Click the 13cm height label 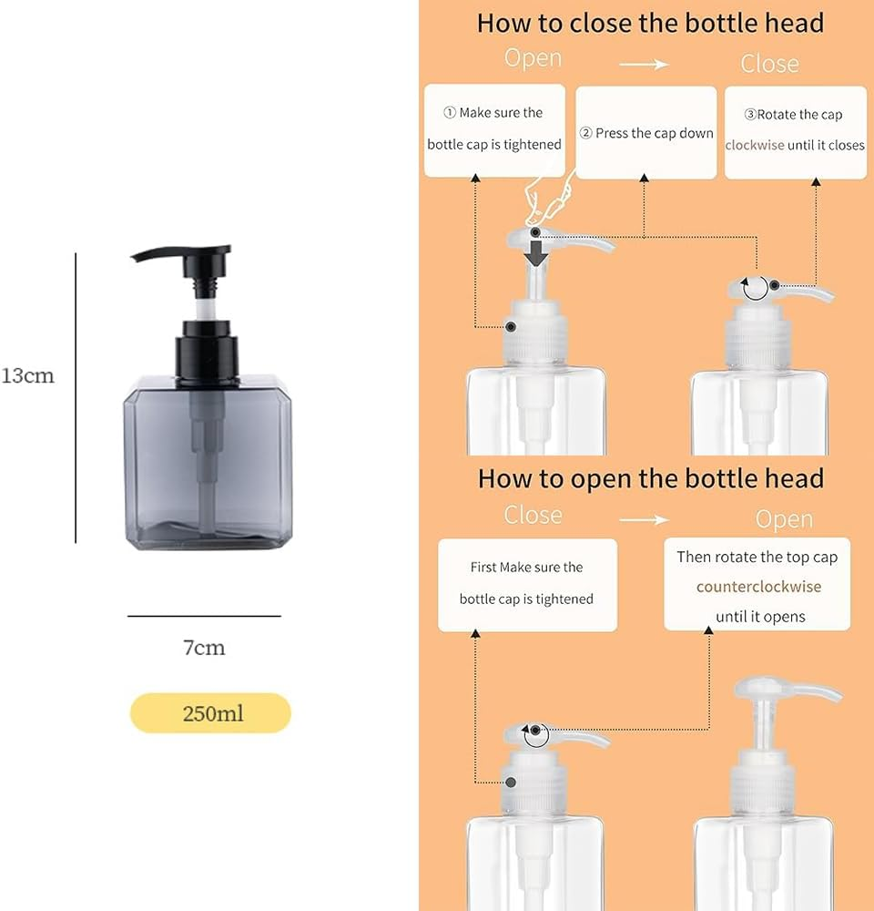[28, 375]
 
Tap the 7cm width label [204, 648]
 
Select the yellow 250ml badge [210, 712]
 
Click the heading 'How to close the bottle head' [650, 23]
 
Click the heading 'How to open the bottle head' [650, 478]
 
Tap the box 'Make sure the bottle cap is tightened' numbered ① [494, 129]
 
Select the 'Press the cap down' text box [646, 133]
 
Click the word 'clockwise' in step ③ [755, 145]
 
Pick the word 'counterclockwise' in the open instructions [758, 587]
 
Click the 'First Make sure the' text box [527, 584]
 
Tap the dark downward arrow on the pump [537, 251]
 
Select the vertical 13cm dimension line [76, 397]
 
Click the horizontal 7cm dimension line [204, 617]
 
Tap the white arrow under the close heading [644, 64]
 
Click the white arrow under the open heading [644, 519]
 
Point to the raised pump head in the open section [788, 692]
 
